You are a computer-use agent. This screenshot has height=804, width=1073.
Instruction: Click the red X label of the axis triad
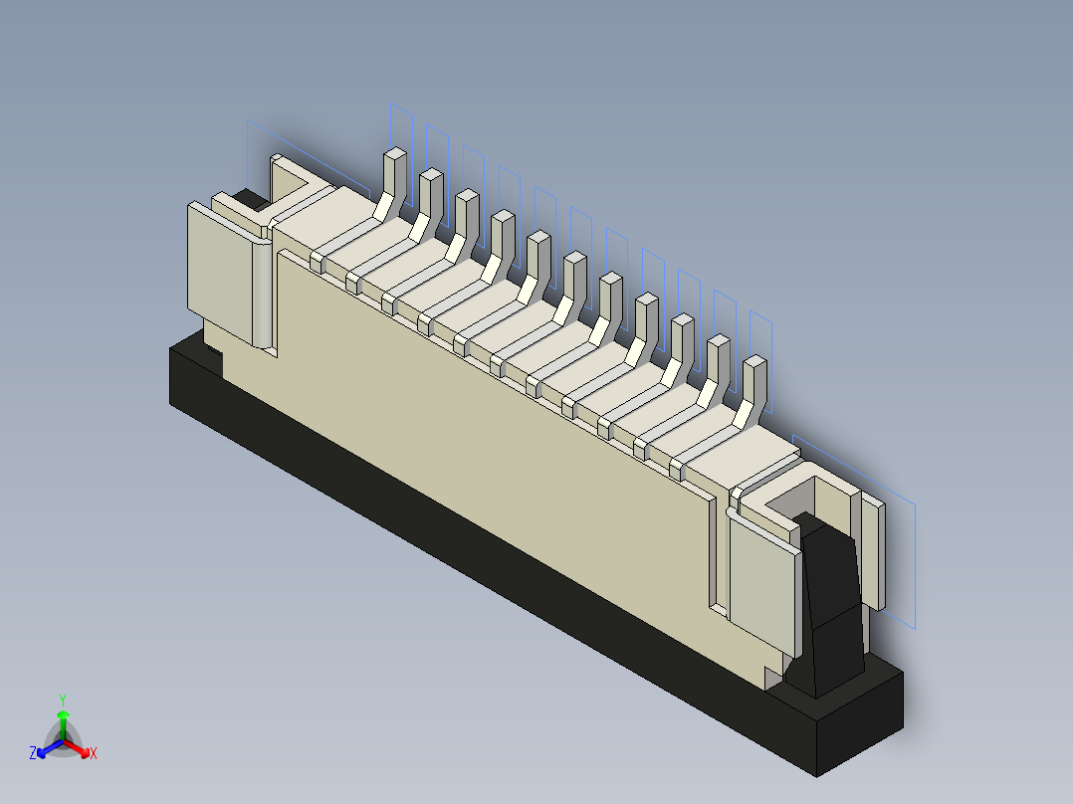(x=94, y=754)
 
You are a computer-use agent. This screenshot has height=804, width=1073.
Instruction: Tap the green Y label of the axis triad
(x=63, y=699)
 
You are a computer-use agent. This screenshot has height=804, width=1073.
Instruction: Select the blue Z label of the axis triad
(x=33, y=754)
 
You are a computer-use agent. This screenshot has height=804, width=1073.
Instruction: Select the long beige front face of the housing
(x=498, y=428)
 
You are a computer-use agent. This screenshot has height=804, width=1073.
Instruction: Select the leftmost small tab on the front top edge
(x=317, y=262)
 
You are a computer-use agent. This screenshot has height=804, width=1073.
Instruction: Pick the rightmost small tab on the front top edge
(x=676, y=469)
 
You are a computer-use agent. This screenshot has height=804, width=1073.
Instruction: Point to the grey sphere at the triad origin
(x=63, y=742)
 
